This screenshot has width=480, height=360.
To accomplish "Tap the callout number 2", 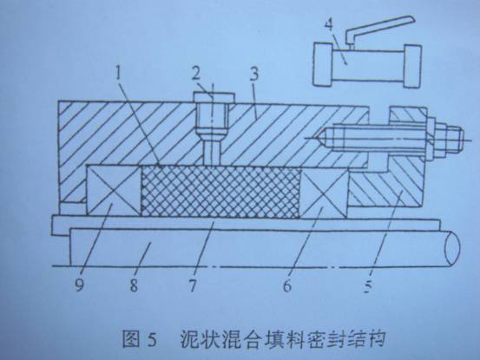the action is [x=196, y=74].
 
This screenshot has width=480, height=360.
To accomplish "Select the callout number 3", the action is [x=253, y=75].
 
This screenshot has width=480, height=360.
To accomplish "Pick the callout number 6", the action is [x=287, y=286].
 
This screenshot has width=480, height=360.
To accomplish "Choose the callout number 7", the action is [x=192, y=285].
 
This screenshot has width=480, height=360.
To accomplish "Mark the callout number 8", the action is [x=134, y=285].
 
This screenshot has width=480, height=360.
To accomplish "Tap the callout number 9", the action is [x=79, y=285].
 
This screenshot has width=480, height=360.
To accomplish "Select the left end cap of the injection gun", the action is [x=323, y=64].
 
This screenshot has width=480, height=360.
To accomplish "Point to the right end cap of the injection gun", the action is [x=412, y=66].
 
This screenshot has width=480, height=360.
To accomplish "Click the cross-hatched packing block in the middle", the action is [x=220, y=192].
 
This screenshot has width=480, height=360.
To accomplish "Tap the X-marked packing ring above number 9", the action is [x=114, y=190].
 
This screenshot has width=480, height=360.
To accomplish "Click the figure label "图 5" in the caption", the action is [x=139, y=338].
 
